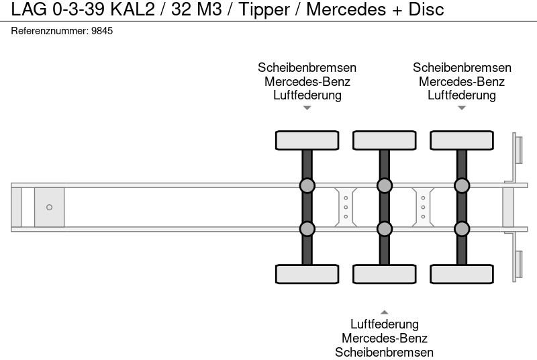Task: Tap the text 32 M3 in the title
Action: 196,10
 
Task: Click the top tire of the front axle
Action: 307,140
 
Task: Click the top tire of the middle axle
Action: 385,140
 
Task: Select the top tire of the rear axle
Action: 462,140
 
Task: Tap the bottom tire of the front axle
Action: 307,274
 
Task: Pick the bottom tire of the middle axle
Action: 385,274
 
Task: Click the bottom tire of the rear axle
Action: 462,274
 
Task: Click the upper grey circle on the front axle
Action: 307,186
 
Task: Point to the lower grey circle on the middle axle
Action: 385,229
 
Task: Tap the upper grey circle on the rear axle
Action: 462,186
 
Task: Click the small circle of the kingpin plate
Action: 49,208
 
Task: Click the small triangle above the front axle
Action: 307,108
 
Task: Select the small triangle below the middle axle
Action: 385,312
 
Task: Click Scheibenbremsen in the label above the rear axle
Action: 462,68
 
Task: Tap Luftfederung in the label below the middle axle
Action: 385,325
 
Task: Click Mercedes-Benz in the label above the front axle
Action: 307,82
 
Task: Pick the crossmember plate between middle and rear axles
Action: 423,208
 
